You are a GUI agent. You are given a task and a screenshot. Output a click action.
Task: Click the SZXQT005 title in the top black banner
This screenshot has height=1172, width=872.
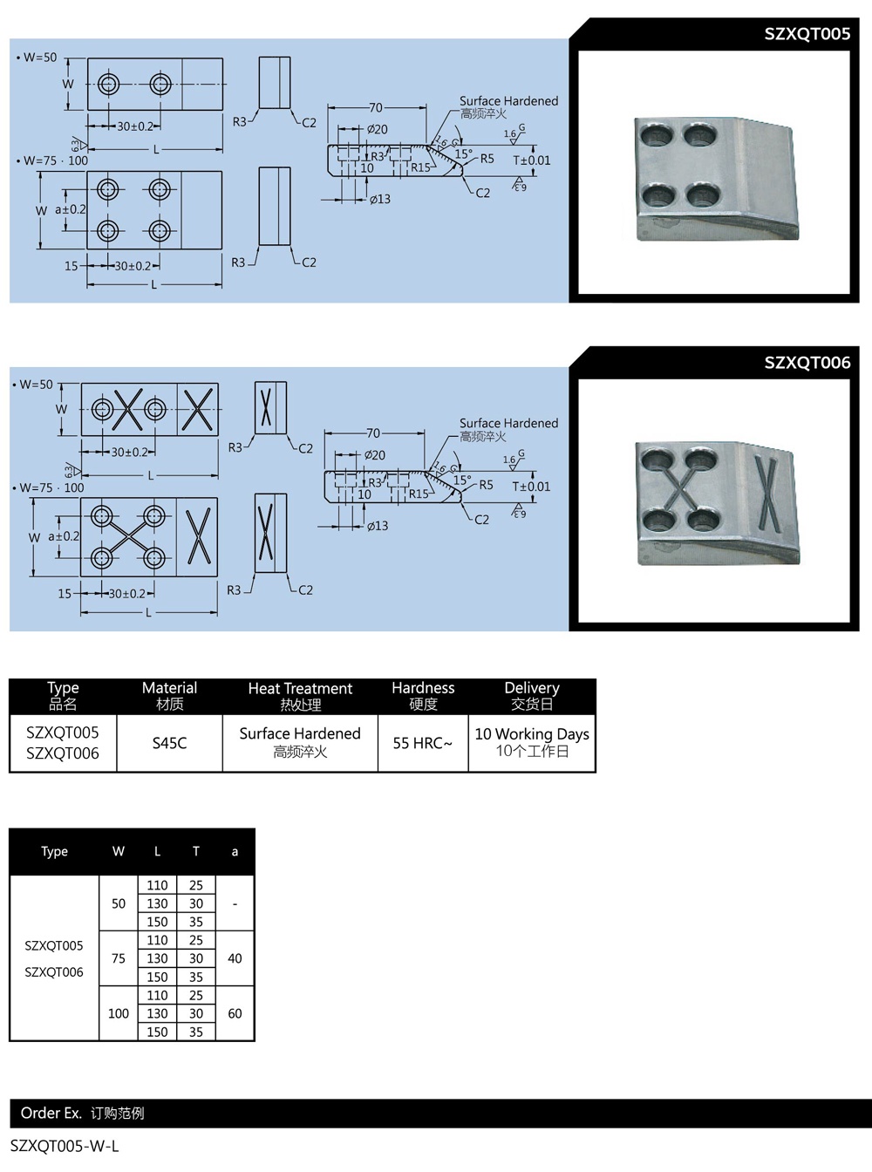pyautogui.click(x=807, y=34)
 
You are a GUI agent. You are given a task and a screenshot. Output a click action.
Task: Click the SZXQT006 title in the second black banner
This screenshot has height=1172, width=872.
pyautogui.click(x=807, y=363)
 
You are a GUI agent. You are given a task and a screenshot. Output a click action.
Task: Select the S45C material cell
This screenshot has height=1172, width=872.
pyautogui.click(x=169, y=743)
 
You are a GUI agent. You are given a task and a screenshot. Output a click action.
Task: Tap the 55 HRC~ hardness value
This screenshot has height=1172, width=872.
pyautogui.click(x=422, y=743)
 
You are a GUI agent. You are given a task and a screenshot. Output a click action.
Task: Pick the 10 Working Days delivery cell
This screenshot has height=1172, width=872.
pyautogui.click(x=532, y=742)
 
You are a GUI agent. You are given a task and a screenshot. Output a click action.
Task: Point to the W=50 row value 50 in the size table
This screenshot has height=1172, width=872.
pyautogui.click(x=119, y=903)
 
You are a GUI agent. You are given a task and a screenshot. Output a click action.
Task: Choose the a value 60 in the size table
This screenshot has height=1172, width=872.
pyautogui.click(x=235, y=1013)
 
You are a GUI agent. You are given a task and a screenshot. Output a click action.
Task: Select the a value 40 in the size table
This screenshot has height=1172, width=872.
pyautogui.click(x=235, y=958)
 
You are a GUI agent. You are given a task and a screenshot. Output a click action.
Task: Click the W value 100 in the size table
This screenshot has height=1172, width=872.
pyautogui.click(x=119, y=1013)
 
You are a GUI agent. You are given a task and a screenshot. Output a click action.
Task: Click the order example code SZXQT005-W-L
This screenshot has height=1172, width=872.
pyautogui.click(x=65, y=1147)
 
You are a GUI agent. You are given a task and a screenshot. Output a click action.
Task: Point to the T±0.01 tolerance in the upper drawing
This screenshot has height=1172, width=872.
pyautogui.click(x=531, y=160)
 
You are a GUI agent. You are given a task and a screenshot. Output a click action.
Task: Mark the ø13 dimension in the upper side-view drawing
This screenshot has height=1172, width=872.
pyautogui.click(x=379, y=200)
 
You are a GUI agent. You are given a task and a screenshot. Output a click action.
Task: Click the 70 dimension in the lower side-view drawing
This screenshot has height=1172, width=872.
pyautogui.click(x=373, y=433)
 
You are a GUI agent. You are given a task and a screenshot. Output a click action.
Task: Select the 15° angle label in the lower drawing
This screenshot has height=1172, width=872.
pyautogui.click(x=462, y=480)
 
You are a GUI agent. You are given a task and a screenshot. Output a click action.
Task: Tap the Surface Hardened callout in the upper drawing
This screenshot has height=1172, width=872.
pyautogui.click(x=508, y=101)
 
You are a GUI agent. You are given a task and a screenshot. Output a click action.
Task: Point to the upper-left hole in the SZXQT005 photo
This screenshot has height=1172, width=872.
pyautogui.click(x=653, y=135)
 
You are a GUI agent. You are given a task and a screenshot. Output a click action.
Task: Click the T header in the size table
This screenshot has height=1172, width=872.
pyautogui.click(x=196, y=851)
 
